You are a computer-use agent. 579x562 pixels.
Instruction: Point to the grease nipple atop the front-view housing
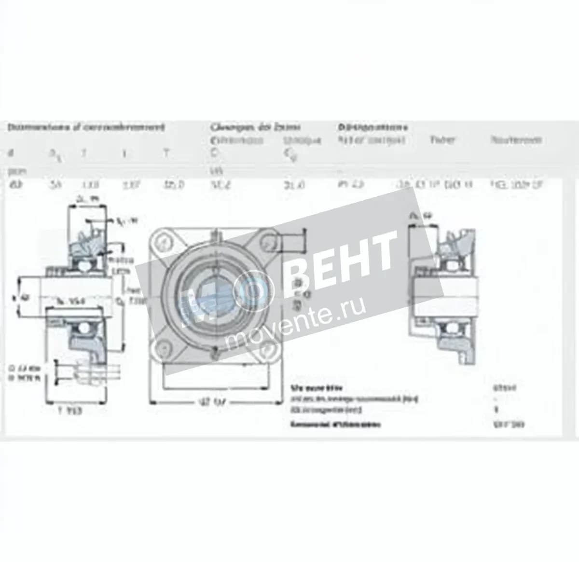click(x=215, y=236)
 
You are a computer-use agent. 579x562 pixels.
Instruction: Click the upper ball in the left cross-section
click(x=87, y=263)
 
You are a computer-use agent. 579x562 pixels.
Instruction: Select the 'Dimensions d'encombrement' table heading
click(x=86, y=127)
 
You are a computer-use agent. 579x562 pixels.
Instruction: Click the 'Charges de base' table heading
click(x=255, y=127)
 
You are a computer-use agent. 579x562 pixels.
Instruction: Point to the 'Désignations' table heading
click(x=372, y=127)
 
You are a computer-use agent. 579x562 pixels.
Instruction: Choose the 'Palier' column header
click(x=442, y=140)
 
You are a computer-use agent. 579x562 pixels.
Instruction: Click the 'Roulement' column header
click(x=516, y=140)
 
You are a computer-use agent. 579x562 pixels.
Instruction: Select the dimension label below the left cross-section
click(x=70, y=411)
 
